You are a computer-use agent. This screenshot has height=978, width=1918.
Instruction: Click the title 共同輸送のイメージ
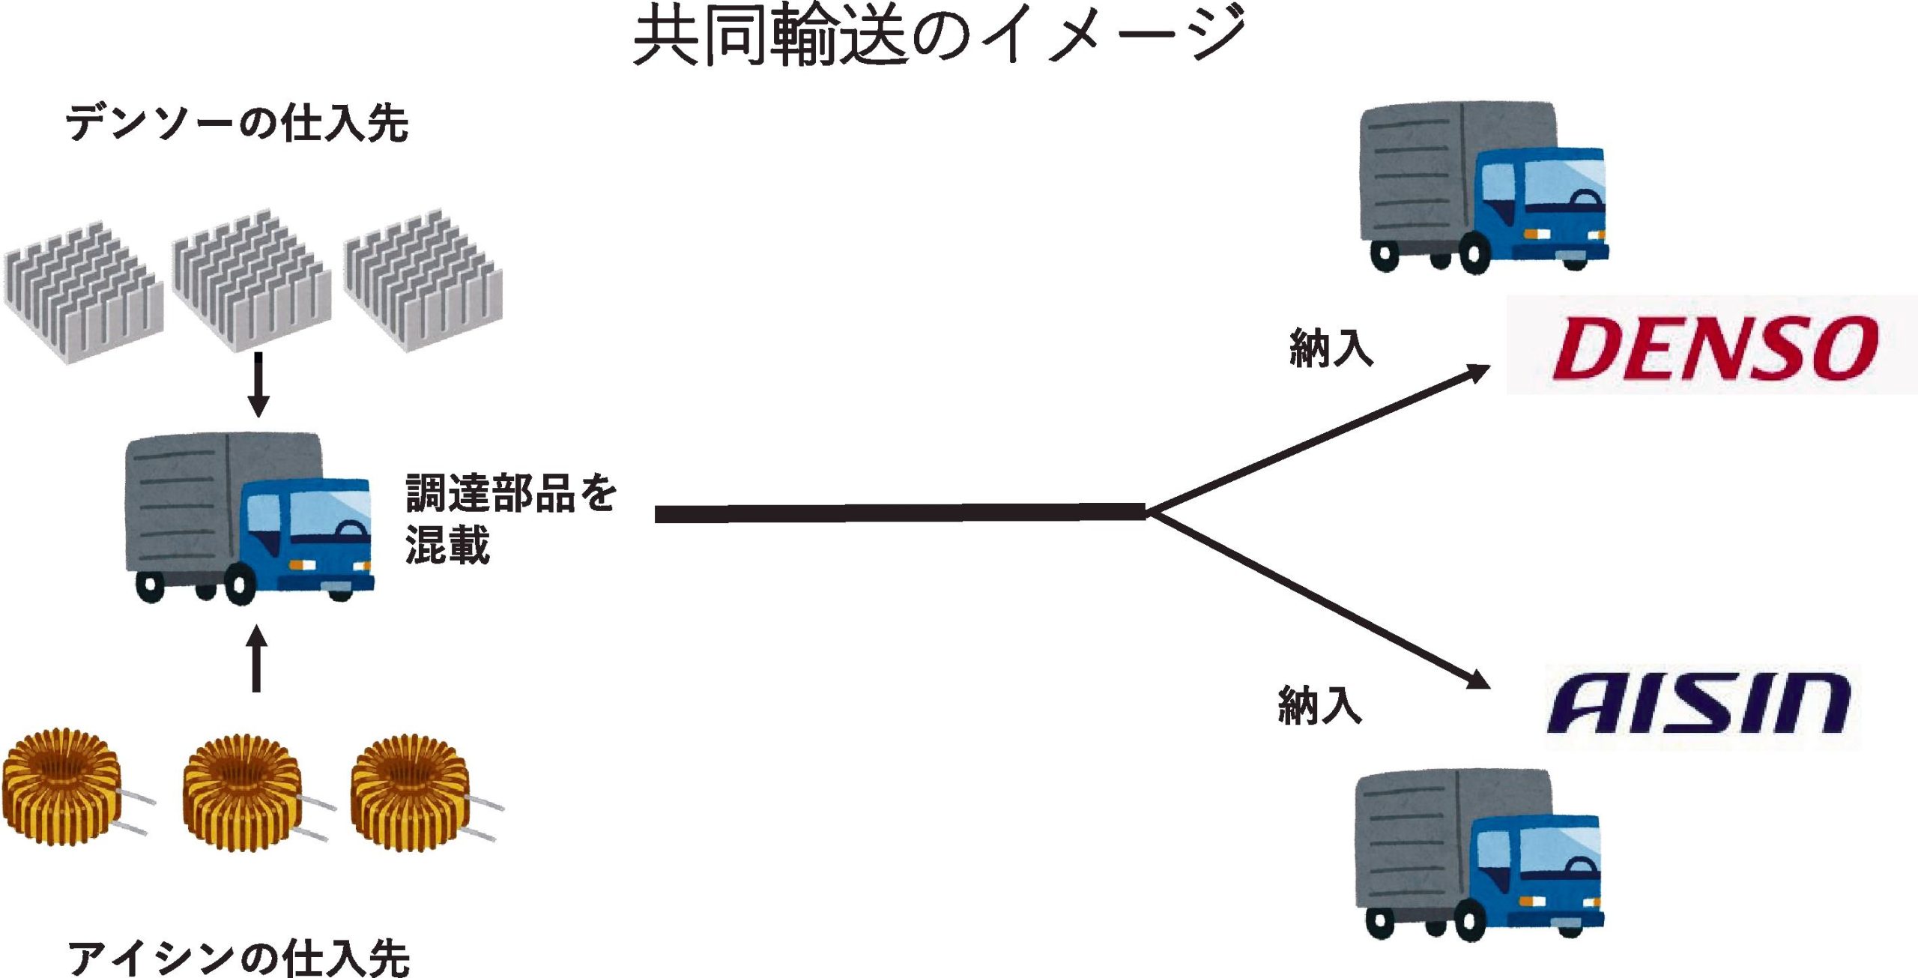click(x=940, y=36)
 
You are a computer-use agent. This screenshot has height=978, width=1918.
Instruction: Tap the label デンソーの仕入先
click(x=238, y=123)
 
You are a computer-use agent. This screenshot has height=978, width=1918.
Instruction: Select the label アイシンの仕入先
click(x=239, y=957)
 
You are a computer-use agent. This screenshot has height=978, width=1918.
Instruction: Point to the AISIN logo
click(x=1699, y=704)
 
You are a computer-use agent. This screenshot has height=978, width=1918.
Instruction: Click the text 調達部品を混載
click(x=509, y=518)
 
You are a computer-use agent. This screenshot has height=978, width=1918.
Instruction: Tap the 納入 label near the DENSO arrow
click(x=1331, y=348)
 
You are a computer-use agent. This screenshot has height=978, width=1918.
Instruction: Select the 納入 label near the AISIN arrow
click(x=1319, y=705)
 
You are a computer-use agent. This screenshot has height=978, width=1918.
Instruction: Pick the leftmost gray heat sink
click(x=82, y=292)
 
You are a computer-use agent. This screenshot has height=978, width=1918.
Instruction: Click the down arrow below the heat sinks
click(x=258, y=385)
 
